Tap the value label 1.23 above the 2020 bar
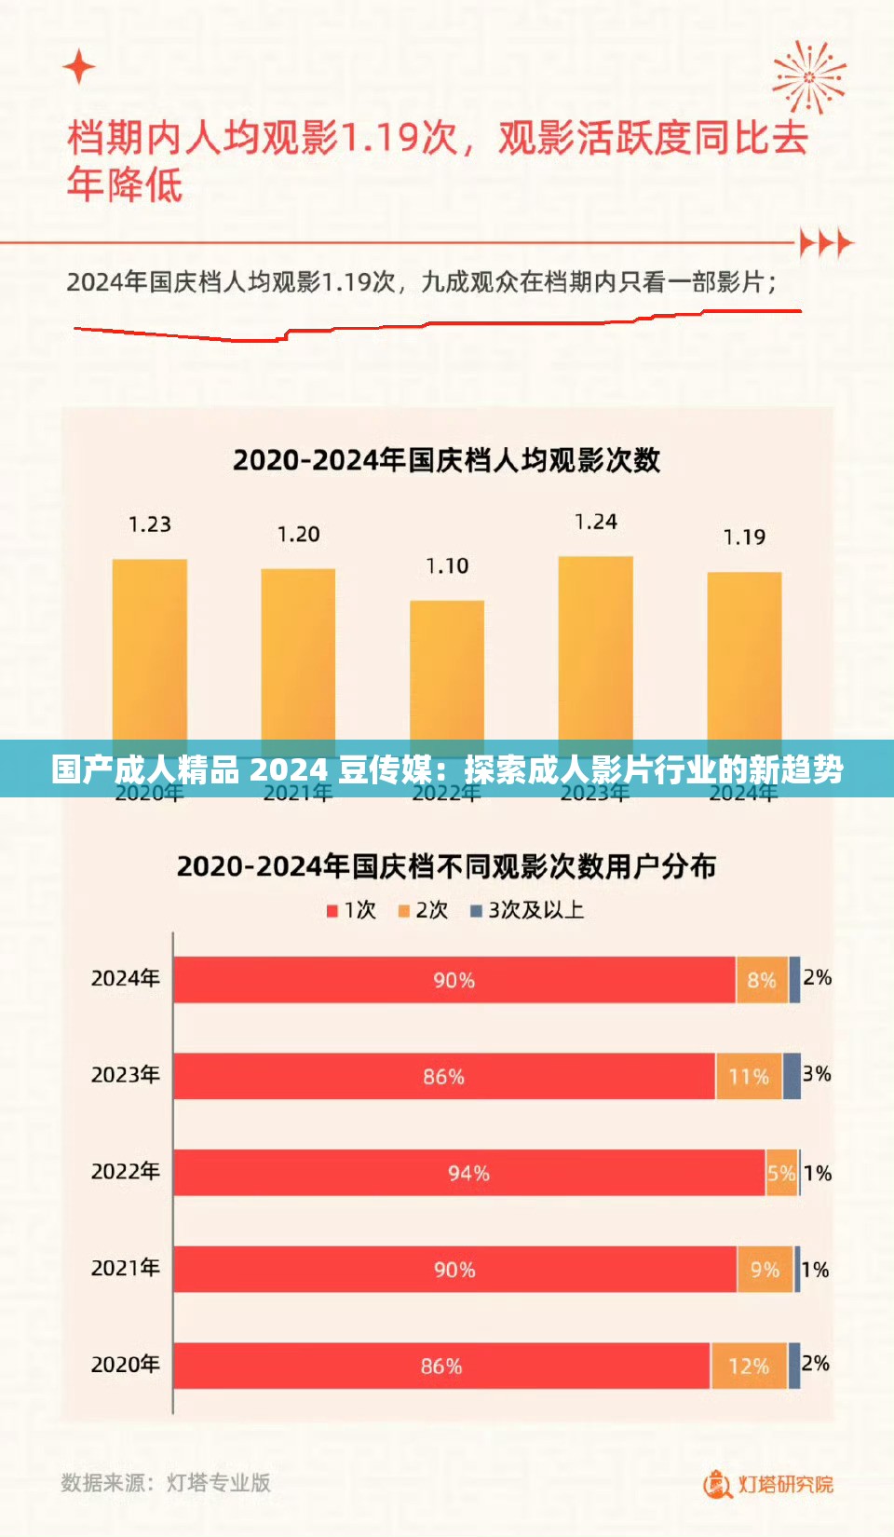(x=150, y=524)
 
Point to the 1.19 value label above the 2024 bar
(x=744, y=537)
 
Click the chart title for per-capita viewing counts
(x=446, y=460)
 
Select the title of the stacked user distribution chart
(x=446, y=867)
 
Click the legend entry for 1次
(x=351, y=910)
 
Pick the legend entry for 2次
(x=424, y=910)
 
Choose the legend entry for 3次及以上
(x=527, y=910)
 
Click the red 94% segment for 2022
(x=468, y=1173)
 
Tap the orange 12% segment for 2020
(x=749, y=1367)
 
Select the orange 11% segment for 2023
(x=749, y=1077)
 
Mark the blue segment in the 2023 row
(x=792, y=1076)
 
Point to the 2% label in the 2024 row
(x=817, y=977)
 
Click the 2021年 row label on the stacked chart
(x=125, y=1268)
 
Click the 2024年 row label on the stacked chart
(x=125, y=978)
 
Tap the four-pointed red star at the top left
(x=79, y=67)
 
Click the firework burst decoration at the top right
(x=808, y=76)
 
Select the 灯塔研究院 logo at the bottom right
(x=769, y=1484)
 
